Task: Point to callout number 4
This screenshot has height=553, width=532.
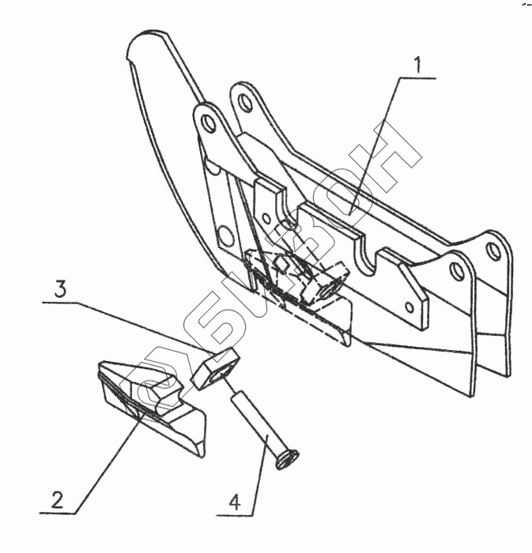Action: pyautogui.click(x=235, y=500)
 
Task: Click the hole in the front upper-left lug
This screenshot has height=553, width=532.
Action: pyautogui.click(x=207, y=124)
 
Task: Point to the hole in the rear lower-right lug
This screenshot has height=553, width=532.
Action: pyautogui.click(x=493, y=252)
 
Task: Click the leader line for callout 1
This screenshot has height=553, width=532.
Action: pyautogui.click(x=372, y=158)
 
